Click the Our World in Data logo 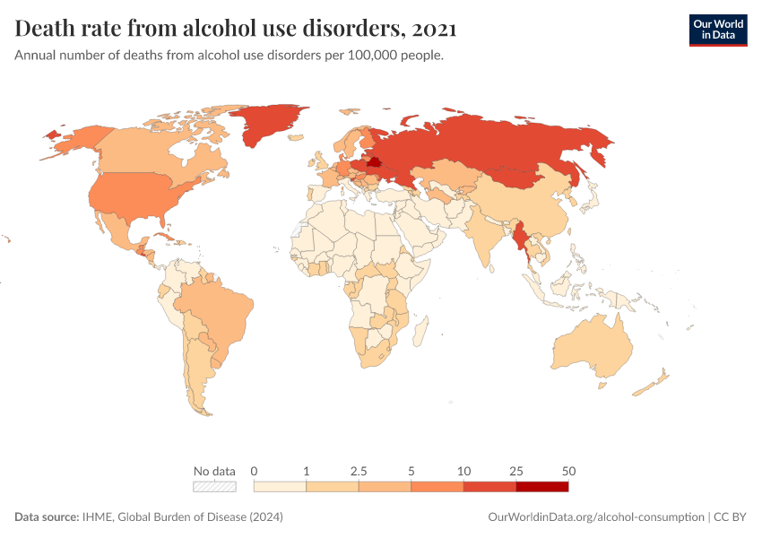717,30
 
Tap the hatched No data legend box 214,486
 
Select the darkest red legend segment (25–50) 541,486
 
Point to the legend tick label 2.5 359,471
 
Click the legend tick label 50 568,471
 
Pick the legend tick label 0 255,471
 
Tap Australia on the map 592,345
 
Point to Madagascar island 418,333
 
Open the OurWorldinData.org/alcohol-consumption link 595,517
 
